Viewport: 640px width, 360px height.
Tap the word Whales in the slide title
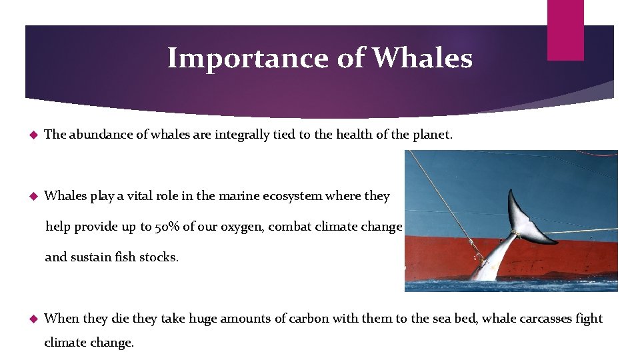(422, 59)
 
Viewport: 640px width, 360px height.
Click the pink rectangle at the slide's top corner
(565, 30)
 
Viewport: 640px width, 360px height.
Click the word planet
(432, 135)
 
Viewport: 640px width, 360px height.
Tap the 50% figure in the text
(165, 227)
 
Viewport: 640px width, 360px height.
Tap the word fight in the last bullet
(589, 319)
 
